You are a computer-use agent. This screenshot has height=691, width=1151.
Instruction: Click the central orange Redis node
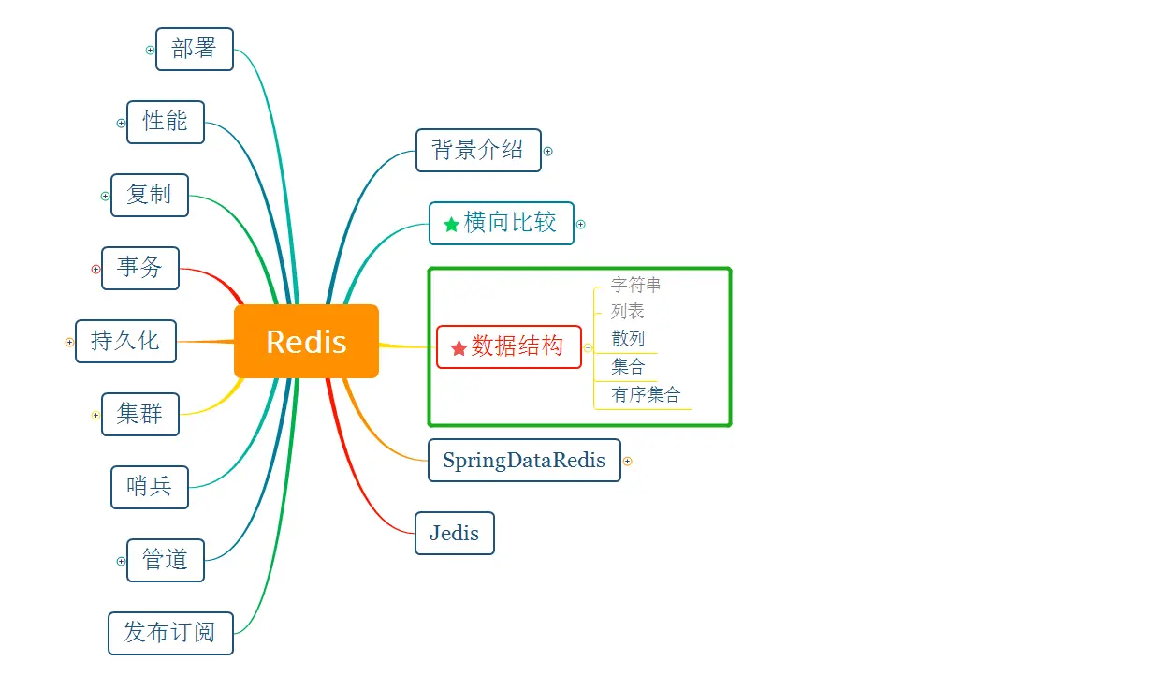306,342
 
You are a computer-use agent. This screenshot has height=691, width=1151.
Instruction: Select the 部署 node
195,49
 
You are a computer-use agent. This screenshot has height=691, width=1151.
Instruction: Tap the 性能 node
166,122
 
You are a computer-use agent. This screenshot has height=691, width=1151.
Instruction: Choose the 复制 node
150,195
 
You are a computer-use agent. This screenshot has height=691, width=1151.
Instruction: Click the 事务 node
140,268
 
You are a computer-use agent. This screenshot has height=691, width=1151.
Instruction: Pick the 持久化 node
125,341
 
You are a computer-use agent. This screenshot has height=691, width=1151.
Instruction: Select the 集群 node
140,414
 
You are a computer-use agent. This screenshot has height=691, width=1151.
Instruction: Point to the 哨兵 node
150,487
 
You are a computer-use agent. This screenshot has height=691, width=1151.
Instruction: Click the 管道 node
166,560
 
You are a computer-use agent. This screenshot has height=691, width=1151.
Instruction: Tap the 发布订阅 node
170,633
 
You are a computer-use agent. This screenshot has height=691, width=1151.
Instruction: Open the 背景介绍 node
478,150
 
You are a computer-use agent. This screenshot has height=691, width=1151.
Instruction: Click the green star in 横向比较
451,225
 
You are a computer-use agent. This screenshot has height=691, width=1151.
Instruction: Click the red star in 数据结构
459,348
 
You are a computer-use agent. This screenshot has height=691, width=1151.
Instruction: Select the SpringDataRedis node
524,461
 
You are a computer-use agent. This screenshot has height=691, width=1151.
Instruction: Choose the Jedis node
455,534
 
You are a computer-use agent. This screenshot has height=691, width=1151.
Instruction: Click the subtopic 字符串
636,285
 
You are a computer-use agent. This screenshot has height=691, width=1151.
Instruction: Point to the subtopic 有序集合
646,395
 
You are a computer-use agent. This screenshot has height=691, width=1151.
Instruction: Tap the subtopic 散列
628,339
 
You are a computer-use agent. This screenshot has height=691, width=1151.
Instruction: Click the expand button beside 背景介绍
548,151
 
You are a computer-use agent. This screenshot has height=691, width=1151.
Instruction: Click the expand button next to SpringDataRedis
628,462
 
